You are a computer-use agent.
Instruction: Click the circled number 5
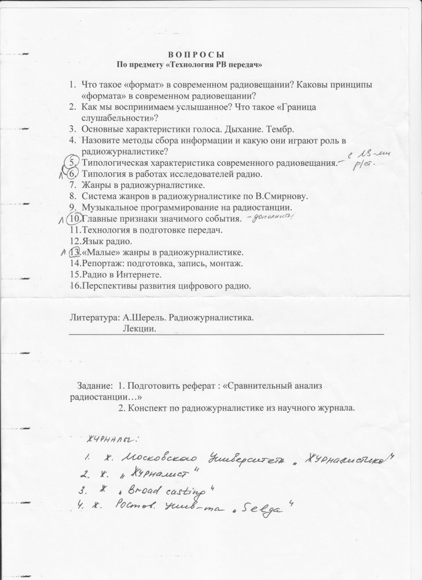click(x=72, y=162)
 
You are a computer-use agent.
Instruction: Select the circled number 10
click(x=74, y=219)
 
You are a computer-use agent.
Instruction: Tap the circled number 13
click(x=74, y=253)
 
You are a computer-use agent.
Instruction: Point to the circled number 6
click(x=72, y=173)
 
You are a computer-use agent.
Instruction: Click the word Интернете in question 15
click(x=137, y=275)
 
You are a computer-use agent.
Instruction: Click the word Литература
click(x=92, y=318)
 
